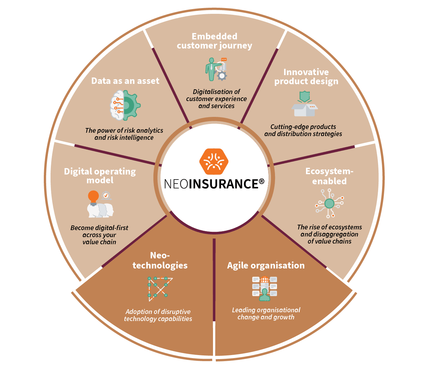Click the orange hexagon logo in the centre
click(x=214, y=161)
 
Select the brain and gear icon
click(x=125, y=105)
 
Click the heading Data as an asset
click(x=125, y=81)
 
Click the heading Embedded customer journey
click(x=214, y=41)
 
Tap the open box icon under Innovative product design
click(x=305, y=105)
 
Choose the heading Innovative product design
click(x=306, y=77)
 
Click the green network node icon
click(x=329, y=203)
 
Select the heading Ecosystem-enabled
click(x=329, y=176)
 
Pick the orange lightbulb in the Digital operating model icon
click(x=93, y=197)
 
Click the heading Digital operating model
click(x=100, y=176)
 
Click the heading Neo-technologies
click(x=160, y=260)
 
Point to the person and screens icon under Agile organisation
click(x=265, y=288)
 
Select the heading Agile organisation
click(x=266, y=265)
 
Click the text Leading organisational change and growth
click(x=266, y=314)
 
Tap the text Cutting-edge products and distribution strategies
click(x=303, y=130)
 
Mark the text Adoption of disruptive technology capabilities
click(x=158, y=315)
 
